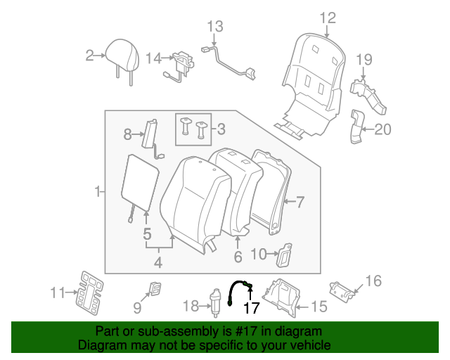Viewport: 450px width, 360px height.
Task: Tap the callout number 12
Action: pyautogui.click(x=328, y=18)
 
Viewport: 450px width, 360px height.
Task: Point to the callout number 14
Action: pyautogui.click(x=153, y=57)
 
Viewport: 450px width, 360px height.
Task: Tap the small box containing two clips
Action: pyautogui.click(x=193, y=129)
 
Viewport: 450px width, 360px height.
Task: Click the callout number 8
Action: pyautogui.click(x=127, y=133)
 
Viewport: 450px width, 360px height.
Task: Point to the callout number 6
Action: pyautogui.click(x=238, y=257)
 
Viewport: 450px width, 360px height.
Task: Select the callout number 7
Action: pyautogui.click(x=300, y=203)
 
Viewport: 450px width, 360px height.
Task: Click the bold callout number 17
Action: pyautogui.click(x=251, y=307)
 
